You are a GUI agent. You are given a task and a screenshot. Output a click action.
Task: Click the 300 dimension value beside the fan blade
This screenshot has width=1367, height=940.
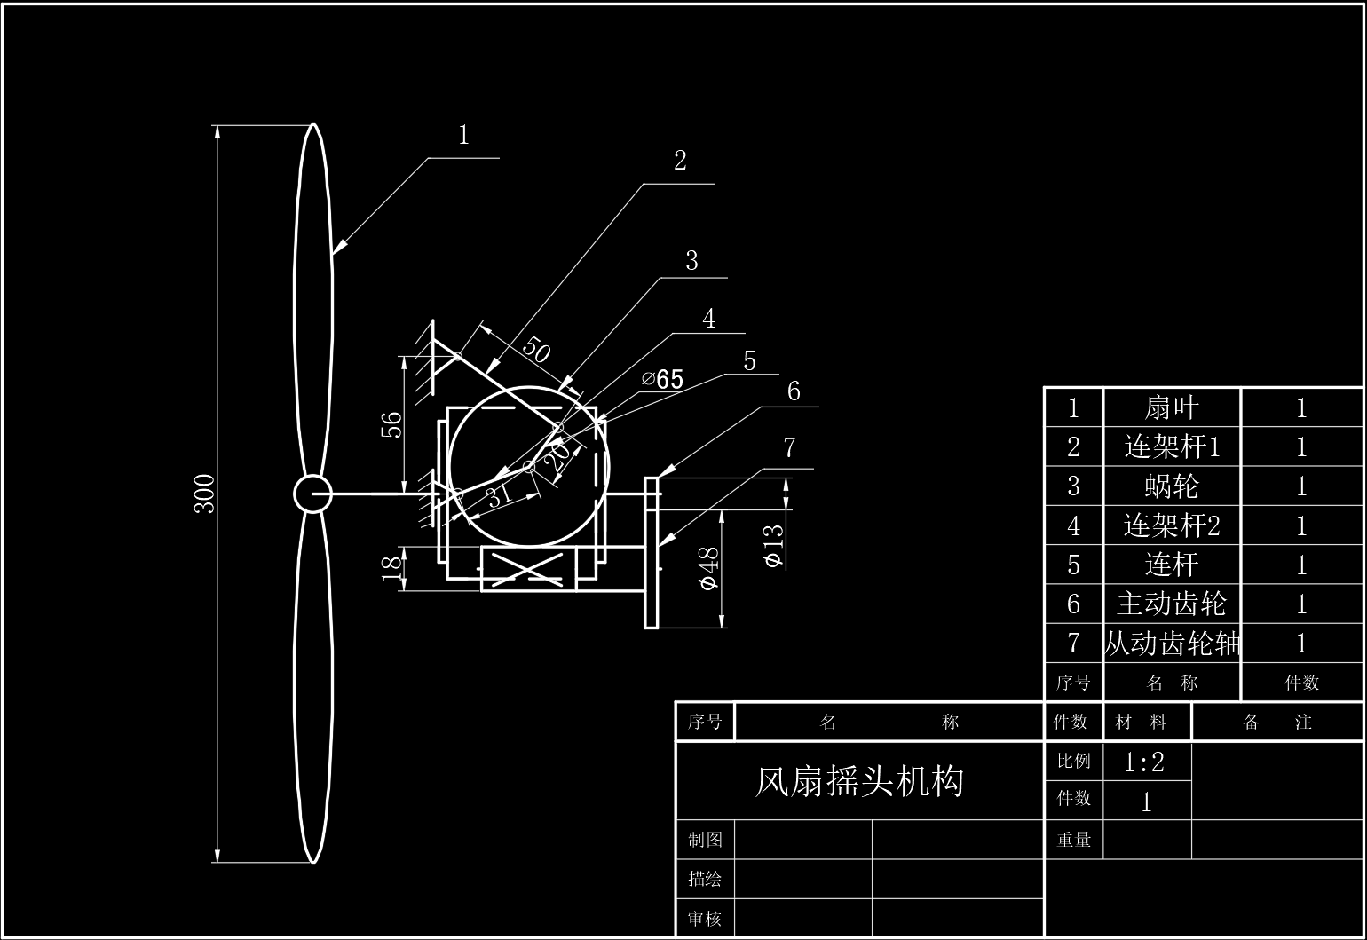click(204, 494)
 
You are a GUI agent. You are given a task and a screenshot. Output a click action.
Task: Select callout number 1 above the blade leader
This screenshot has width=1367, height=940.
click(463, 135)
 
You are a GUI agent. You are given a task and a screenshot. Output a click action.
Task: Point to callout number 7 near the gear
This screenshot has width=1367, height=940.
click(790, 447)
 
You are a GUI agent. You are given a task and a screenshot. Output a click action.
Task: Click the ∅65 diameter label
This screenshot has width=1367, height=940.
click(662, 379)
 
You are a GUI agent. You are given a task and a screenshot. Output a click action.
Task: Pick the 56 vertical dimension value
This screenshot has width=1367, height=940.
click(391, 425)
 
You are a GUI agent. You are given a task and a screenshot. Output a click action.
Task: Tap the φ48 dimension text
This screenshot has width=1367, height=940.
click(708, 569)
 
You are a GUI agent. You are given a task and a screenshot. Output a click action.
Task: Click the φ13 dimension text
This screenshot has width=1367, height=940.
click(774, 546)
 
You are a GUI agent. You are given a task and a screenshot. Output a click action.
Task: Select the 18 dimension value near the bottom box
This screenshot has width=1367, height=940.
click(391, 568)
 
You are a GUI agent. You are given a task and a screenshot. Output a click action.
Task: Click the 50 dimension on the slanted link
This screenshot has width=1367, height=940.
click(536, 349)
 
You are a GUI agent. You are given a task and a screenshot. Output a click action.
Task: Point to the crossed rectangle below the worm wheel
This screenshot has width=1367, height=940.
click(528, 569)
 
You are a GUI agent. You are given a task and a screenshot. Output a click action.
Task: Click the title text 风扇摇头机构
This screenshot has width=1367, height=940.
click(859, 781)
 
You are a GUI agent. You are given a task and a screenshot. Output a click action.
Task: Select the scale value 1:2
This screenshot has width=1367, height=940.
click(1143, 762)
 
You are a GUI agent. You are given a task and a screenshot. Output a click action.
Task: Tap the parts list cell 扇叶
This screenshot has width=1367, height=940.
click(1172, 407)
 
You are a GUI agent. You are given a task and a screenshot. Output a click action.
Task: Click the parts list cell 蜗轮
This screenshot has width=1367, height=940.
click(1172, 486)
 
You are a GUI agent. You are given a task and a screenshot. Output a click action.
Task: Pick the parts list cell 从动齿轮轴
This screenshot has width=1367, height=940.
click(1172, 644)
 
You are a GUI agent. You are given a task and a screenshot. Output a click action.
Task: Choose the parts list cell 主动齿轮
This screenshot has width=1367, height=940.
click(1172, 604)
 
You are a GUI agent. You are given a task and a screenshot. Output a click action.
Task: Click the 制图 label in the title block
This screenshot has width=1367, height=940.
click(705, 840)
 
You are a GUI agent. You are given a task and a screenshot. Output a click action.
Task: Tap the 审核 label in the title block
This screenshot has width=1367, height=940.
click(705, 918)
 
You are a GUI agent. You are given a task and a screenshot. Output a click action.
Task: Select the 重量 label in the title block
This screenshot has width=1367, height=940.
click(1073, 840)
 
